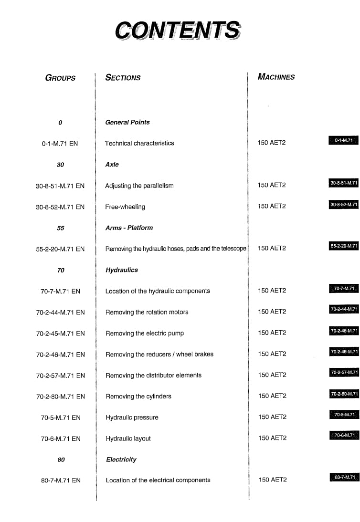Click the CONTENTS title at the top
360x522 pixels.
click(178, 30)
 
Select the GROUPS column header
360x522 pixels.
click(60, 78)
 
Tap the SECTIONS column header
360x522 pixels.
click(123, 77)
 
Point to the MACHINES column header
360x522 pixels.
click(276, 76)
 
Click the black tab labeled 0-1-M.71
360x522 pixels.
click(343, 140)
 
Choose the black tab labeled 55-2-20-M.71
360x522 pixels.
click(343, 246)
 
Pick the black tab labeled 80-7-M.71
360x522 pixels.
click(344, 477)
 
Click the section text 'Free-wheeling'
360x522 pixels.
click(125, 207)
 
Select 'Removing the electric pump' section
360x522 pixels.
click(145, 333)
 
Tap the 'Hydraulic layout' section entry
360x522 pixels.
click(128, 438)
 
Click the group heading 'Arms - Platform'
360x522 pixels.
click(129, 228)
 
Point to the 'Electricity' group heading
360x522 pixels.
click(121, 459)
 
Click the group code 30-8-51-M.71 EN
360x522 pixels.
click(60, 186)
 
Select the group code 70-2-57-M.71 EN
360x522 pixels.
click(61, 376)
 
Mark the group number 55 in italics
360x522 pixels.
click(61, 228)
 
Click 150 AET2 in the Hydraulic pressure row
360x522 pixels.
click(272, 417)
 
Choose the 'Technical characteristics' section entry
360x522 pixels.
click(139, 143)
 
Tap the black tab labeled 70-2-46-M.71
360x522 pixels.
click(344, 352)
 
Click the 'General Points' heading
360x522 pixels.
click(127, 122)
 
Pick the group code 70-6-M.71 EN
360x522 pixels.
click(61, 438)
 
